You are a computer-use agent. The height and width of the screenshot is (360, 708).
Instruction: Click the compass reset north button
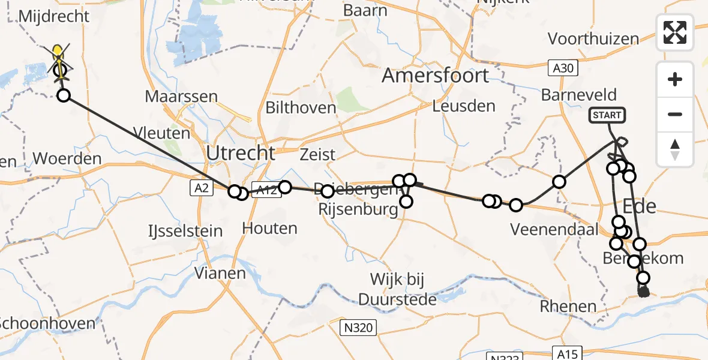(x=675, y=149)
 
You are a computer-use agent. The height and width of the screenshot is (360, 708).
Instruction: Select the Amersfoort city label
(x=436, y=76)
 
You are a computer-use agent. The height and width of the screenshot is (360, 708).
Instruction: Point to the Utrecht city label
(x=240, y=153)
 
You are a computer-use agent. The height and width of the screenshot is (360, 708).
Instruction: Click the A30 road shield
(x=563, y=68)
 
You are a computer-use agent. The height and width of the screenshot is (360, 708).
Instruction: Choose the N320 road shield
(x=358, y=328)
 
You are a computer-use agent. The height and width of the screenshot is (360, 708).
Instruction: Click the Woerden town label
(x=67, y=159)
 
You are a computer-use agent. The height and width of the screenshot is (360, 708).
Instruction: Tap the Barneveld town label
(x=578, y=95)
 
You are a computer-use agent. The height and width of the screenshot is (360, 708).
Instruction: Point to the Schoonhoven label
(x=47, y=323)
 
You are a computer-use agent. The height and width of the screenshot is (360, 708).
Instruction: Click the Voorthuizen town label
(x=593, y=39)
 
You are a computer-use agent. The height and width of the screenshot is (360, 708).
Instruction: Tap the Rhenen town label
(x=568, y=307)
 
